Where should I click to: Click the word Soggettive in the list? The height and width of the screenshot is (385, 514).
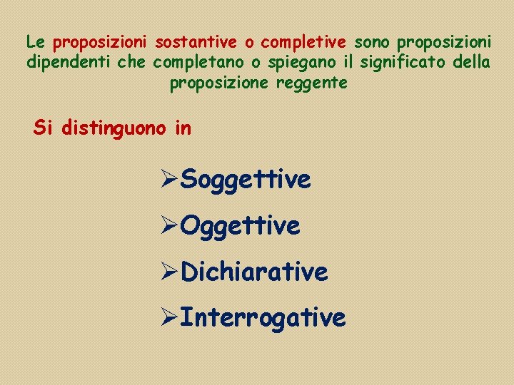click(x=246, y=180)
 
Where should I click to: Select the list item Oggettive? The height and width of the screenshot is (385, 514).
click(x=240, y=226)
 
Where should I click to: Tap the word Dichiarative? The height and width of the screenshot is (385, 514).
click(x=254, y=272)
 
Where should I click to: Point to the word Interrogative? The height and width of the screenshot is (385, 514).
click(x=263, y=317)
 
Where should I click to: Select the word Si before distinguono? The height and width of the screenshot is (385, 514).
click(x=44, y=128)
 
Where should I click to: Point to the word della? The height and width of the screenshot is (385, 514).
click(x=472, y=63)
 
